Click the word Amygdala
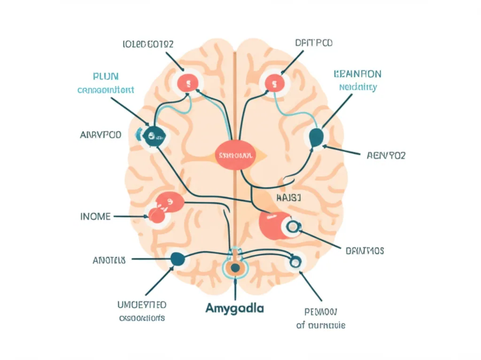(234, 309)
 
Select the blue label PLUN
(106, 76)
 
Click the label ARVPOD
(101, 135)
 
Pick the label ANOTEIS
(109, 259)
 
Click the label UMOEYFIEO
(141, 305)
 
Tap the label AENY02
(385, 156)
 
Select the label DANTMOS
(365, 251)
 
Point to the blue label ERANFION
(357, 74)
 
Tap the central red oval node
(235, 155)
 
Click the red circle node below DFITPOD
(272, 84)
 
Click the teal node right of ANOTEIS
(177, 258)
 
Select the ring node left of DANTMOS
(292, 227)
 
